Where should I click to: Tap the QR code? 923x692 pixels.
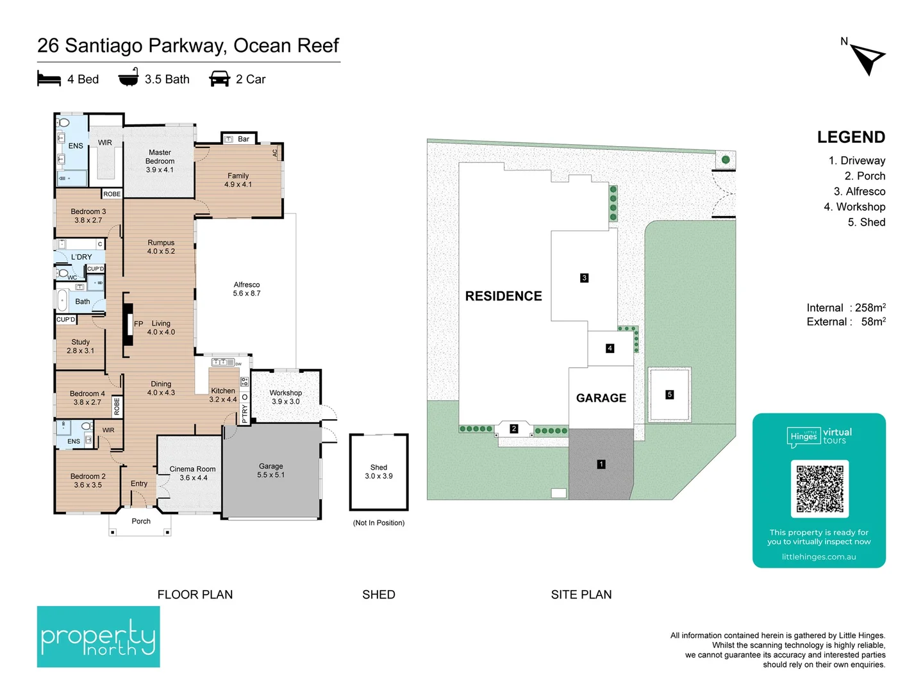pos(820,488)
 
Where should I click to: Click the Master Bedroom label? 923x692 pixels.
pos(160,157)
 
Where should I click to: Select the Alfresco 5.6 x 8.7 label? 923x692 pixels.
pos(247,289)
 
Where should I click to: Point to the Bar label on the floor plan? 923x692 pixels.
pos(244,139)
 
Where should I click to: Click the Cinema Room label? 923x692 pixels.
pos(192,469)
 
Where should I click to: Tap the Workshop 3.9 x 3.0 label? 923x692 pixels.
pos(286,397)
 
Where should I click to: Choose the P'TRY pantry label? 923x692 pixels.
pos(245,413)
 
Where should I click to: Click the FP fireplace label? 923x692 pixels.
pos(138,324)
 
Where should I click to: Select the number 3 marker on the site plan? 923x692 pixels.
pos(584,277)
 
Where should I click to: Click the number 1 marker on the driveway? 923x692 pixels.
pos(601,465)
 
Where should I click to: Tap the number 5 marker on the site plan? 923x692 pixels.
pos(669,395)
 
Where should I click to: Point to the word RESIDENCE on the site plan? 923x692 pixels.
pos(503,296)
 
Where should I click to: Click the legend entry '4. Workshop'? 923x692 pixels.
pos(854,207)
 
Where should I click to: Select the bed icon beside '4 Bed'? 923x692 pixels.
pos(49,79)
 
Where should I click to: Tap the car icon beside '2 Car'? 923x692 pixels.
pos(219,79)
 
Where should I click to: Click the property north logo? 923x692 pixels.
pos(99,636)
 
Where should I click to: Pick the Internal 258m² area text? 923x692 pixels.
pos(846,308)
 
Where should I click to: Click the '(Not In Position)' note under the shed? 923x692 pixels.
pos(378,523)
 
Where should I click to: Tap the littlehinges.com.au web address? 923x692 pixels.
pos(819,557)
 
